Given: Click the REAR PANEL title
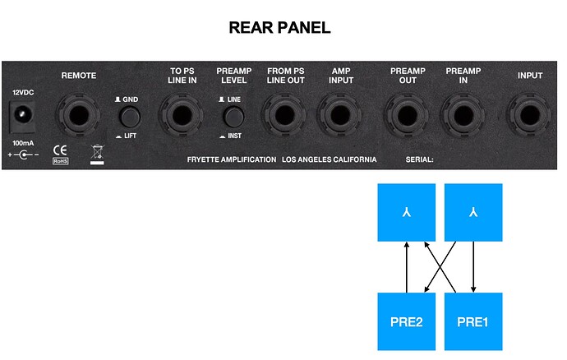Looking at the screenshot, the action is [x=280, y=28].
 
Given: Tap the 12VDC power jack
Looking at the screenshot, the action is [x=21, y=116].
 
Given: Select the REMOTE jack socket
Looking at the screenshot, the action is [x=78, y=115].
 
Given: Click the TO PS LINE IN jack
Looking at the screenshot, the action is [x=182, y=115].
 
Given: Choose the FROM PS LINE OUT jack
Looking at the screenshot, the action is [x=284, y=115].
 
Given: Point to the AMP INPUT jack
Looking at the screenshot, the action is [x=340, y=115].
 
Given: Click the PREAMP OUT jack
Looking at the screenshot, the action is [x=407, y=115].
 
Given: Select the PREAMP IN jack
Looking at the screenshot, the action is [x=463, y=115].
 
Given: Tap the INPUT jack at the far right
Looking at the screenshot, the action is [x=530, y=115].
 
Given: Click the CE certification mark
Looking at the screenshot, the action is [x=60, y=150].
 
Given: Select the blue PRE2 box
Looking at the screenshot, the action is [x=407, y=321].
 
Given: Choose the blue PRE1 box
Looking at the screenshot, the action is [x=473, y=321].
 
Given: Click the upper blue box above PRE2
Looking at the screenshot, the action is [x=407, y=212].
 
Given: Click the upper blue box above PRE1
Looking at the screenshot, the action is [x=473, y=212].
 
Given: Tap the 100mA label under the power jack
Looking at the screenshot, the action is [x=23, y=143].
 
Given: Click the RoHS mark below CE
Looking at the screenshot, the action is [x=60, y=161].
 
